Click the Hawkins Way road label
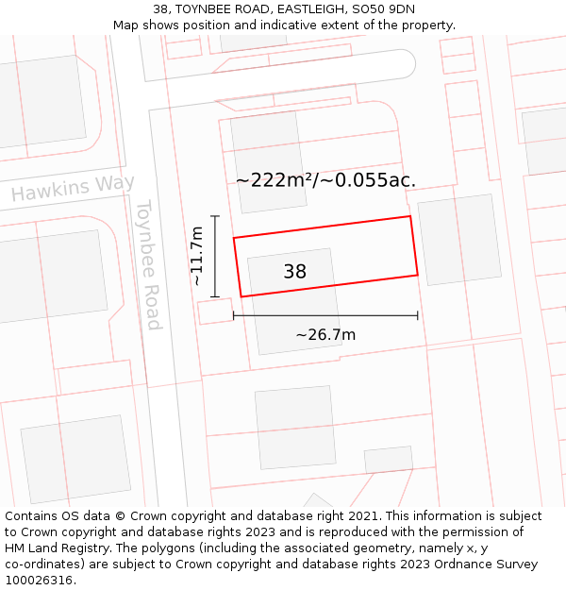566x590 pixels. (x=73, y=188)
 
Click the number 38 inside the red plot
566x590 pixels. (x=294, y=272)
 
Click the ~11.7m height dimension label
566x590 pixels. (x=196, y=256)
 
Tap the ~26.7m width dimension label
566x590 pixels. (x=325, y=335)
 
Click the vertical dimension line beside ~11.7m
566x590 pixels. (x=215, y=256)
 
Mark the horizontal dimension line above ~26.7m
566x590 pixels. (x=325, y=315)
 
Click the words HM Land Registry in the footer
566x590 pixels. (x=51, y=548)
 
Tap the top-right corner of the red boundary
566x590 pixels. (x=410, y=216)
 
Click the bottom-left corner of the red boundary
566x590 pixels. (x=241, y=297)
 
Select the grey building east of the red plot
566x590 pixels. (x=459, y=239)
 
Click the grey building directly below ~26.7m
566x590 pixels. (x=295, y=427)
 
